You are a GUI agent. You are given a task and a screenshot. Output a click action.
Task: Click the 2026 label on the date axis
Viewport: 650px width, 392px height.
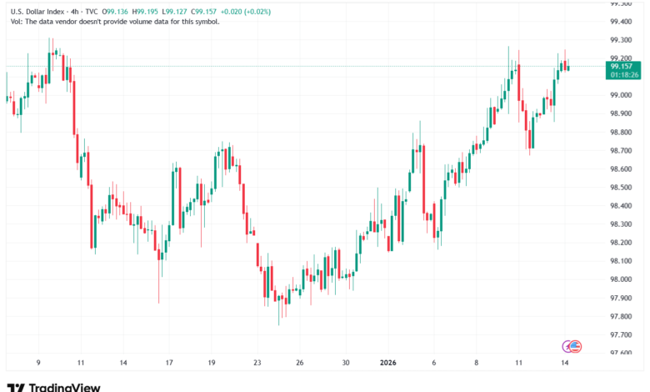[389, 363]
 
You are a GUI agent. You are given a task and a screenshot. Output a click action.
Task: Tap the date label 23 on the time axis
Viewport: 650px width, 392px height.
[257, 363]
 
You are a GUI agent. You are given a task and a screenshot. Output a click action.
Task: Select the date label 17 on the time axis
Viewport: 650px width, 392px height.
[169, 363]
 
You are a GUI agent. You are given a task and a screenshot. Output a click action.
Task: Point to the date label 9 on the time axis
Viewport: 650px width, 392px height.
[37, 363]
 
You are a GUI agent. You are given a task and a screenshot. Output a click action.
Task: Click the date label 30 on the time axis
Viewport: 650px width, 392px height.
[346, 363]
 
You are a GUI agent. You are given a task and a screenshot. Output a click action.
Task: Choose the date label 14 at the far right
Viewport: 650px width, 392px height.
[565, 363]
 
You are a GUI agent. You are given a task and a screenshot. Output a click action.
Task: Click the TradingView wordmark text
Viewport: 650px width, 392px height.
[64, 387]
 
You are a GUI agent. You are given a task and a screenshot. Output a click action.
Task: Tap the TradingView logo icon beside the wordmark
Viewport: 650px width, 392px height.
[16, 387]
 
